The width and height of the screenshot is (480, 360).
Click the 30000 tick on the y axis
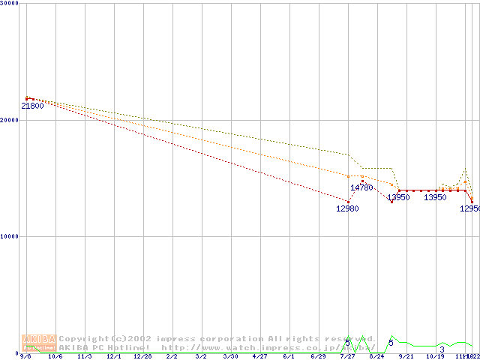[x=10, y=3]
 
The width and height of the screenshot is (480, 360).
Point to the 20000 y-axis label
[x=10, y=120]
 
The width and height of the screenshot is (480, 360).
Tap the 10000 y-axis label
[x=10, y=236]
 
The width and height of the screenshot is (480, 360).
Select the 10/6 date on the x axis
[x=55, y=357]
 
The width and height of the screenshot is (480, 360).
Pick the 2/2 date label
[x=172, y=357]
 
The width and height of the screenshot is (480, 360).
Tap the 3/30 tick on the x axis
[x=230, y=357]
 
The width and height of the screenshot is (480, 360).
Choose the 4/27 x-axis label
[x=259, y=357]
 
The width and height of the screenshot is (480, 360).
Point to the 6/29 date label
[x=318, y=357]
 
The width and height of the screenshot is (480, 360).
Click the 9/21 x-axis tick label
[x=406, y=357]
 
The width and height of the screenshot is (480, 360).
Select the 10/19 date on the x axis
[x=435, y=357]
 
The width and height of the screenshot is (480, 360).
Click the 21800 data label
[x=32, y=106]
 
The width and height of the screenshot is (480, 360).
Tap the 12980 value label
[x=347, y=208]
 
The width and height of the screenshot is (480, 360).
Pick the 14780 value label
[x=361, y=187]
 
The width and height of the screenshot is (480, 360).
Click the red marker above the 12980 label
[x=348, y=201]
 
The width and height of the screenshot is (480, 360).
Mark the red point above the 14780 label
[x=362, y=181]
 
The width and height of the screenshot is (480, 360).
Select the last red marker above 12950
[x=472, y=200]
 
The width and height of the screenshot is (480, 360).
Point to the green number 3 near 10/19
[x=442, y=349]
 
